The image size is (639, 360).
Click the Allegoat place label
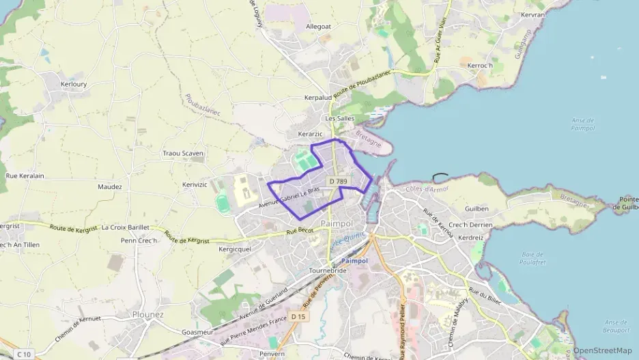coord(319,27)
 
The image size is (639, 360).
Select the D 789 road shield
coord(338,181)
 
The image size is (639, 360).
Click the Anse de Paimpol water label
coord(582,124)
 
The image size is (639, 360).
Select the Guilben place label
coord(477,208)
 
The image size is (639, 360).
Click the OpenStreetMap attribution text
coord(603,350)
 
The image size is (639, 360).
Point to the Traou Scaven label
coord(183,154)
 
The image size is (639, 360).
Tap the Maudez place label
coord(109,186)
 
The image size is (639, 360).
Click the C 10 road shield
coord(24,353)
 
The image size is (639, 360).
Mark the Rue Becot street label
coord(300,232)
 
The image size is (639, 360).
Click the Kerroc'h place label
coord(480,66)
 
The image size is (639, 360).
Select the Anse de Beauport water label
coord(616,325)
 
